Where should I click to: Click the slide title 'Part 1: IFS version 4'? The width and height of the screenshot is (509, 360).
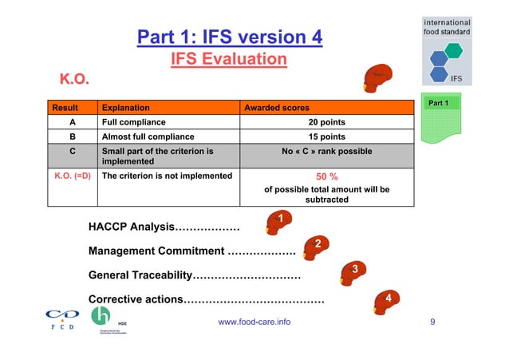pyautogui.click(x=230, y=38)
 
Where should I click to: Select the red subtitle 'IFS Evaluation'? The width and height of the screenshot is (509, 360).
pyautogui.click(x=230, y=60)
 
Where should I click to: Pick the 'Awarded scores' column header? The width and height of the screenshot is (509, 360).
pyautogui.click(x=277, y=107)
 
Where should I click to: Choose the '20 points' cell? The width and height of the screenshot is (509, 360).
pyautogui.click(x=326, y=122)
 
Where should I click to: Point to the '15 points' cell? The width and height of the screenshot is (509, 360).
pyautogui.click(x=326, y=136)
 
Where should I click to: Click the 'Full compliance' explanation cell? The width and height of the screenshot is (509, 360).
pyautogui.click(x=132, y=122)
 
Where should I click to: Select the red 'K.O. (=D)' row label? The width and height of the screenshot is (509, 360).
pyautogui.click(x=71, y=176)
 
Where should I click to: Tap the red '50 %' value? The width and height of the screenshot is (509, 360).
pyautogui.click(x=326, y=176)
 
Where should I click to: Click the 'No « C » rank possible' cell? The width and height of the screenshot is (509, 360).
pyautogui.click(x=326, y=151)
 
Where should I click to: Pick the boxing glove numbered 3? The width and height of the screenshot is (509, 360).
pyautogui.click(x=352, y=273)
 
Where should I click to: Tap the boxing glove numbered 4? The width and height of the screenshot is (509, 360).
pyautogui.click(x=385, y=303)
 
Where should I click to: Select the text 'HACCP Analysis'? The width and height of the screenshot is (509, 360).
pyautogui.click(x=131, y=227)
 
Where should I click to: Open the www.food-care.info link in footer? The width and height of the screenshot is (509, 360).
pyautogui.click(x=254, y=322)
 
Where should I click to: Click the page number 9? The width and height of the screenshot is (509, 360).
pyautogui.click(x=432, y=322)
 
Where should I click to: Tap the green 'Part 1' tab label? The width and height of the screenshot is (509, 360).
pyautogui.click(x=439, y=103)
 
